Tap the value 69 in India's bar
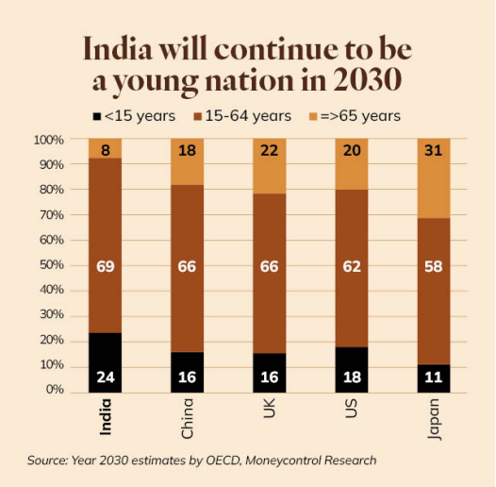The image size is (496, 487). click(106, 267)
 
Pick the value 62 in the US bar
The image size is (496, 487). click(351, 267)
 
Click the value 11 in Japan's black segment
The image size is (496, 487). click(433, 377)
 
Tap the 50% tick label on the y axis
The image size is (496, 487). click(49, 265)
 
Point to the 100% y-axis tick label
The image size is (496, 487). click(47, 140)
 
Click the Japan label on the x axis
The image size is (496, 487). click(433, 422)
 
